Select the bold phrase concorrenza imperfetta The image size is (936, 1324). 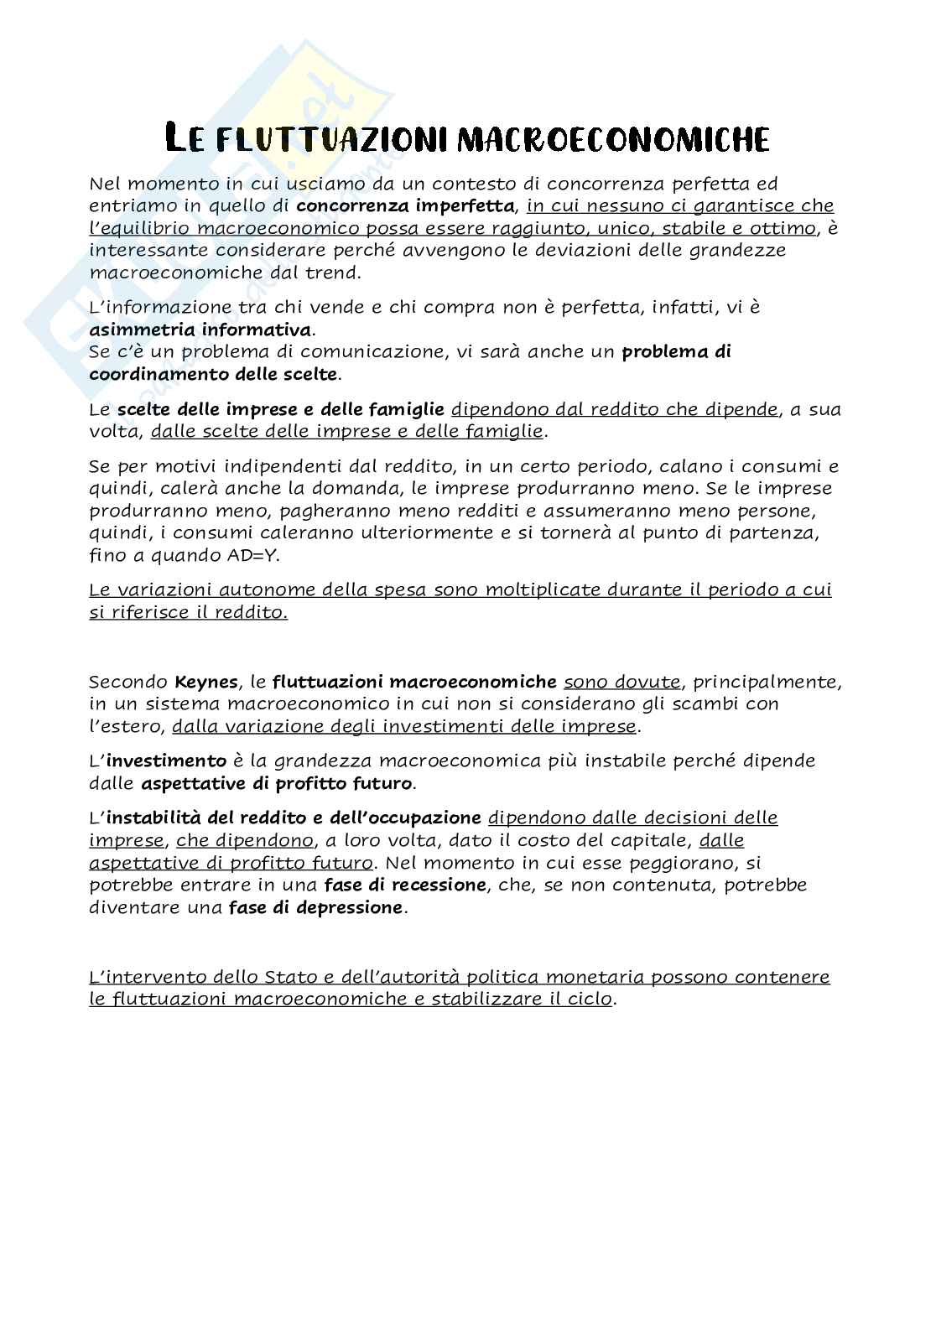pos(405,205)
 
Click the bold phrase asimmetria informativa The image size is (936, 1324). pos(200,330)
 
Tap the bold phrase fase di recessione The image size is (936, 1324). pos(405,885)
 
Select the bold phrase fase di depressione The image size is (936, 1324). pos(315,907)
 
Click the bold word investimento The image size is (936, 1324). pos(166,761)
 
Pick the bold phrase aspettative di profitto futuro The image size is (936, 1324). pos(277,784)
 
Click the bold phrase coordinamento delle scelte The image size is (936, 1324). pos(213,374)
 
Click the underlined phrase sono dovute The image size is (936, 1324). pos(621,682)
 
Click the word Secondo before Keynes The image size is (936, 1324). pos(128,682)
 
